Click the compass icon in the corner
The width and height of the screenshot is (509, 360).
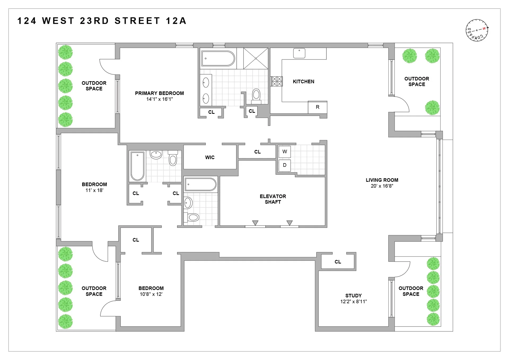pyautogui.click(x=477, y=30)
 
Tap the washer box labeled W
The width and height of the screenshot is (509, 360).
pyautogui.click(x=284, y=152)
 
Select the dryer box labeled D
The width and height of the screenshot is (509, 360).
pyautogui.click(x=284, y=165)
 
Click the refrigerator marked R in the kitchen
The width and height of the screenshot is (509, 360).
pyautogui.click(x=317, y=107)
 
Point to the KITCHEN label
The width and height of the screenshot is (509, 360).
pyautogui.click(x=303, y=82)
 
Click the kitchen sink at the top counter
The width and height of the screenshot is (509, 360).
pyautogui.click(x=299, y=53)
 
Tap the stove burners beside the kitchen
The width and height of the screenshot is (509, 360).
pyautogui.click(x=277, y=81)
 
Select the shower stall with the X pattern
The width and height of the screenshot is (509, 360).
pyautogui.click(x=256, y=58)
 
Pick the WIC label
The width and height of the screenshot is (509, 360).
pyautogui.click(x=210, y=158)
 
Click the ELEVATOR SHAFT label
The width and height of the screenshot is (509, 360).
pyautogui.click(x=273, y=199)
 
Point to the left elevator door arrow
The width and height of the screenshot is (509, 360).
pyautogui.click(x=255, y=223)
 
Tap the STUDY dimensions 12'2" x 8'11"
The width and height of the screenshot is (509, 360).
pyautogui.click(x=353, y=302)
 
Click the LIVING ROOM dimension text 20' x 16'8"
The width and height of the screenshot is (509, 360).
pyautogui.click(x=382, y=186)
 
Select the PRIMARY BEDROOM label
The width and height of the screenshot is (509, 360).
pyautogui.click(x=159, y=93)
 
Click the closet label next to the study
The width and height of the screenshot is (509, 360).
pyautogui.click(x=337, y=262)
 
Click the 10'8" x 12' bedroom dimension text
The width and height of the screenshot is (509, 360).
pyautogui.click(x=151, y=294)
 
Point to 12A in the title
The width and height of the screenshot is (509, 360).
pyautogui.click(x=176, y=21)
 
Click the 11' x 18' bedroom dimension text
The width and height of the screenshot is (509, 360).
pyautogui.click(x=94, y=190)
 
